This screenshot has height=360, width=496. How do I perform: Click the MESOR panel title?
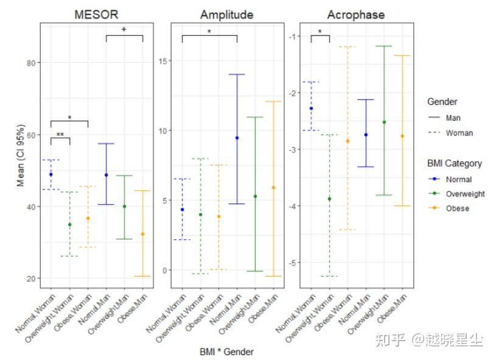(96, 14)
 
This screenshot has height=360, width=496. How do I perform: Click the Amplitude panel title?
(227, 14)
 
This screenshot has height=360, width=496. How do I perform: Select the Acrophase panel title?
(355, 14)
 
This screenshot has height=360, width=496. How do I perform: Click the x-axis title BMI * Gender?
(226, 351)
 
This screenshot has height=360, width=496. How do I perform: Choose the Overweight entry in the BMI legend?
(465, 194)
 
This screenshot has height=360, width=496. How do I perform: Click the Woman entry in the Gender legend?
(459, 133)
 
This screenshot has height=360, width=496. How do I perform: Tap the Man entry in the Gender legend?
(453, 118)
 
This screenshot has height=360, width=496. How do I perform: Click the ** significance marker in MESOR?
(60, 135)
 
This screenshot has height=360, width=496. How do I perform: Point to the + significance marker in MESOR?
(124, 29)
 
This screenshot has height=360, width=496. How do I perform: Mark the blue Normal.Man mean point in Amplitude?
(237, 138)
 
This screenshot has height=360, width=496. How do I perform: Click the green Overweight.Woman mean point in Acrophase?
(329, 199)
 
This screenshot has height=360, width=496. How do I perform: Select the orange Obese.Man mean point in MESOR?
(143, 234)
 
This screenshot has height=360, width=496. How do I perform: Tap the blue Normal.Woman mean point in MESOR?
(51, 174)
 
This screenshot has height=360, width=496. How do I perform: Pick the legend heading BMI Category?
(455, 163)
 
